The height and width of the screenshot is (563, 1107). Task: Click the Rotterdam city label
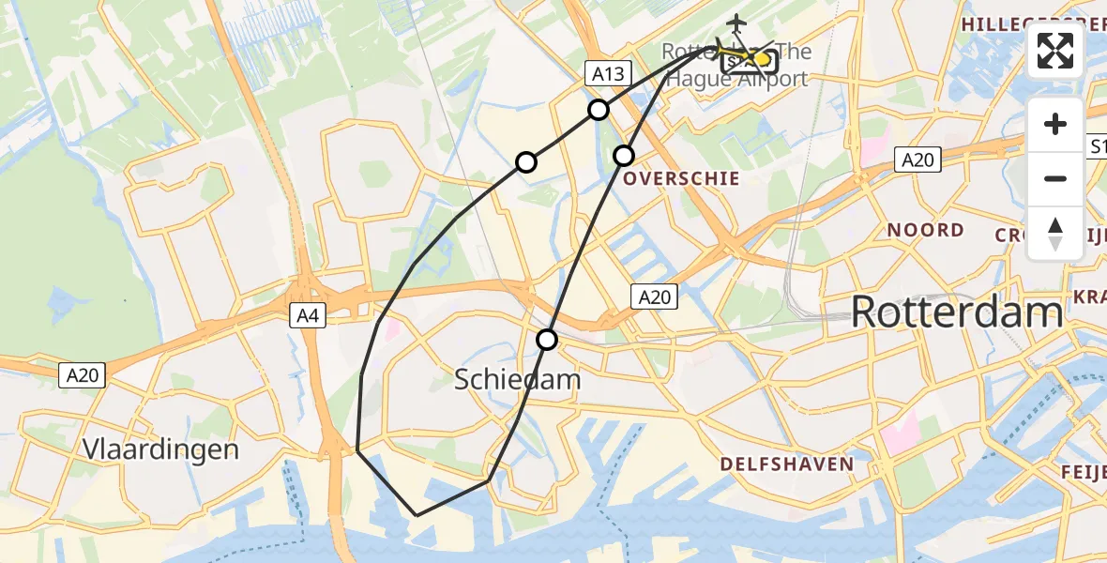(957, 312)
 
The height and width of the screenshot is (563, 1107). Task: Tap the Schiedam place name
(518, 379)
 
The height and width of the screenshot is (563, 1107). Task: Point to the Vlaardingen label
(160, 449)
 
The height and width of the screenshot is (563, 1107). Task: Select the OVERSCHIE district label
(681, 178)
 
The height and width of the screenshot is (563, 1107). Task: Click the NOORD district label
(925, 230)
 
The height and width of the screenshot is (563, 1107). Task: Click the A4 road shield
(306, 316)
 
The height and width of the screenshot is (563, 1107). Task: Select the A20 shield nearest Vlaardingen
(84, 375)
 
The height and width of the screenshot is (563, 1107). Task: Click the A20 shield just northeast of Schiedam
(654, 297)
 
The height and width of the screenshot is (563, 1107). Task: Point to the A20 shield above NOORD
(917, 160)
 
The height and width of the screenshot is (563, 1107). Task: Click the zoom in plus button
(1055, 125)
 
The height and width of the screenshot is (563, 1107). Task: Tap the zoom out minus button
(1055, 178)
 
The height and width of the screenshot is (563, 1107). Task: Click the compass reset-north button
(1055, 233)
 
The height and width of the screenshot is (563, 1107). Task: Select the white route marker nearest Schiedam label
(547, 340)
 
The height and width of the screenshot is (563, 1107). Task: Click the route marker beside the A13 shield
(599, 110)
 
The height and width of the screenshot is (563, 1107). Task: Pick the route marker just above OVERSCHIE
(624, 155)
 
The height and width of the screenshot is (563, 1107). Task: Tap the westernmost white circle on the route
(526, 162)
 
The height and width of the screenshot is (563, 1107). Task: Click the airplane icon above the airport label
(737, 22)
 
